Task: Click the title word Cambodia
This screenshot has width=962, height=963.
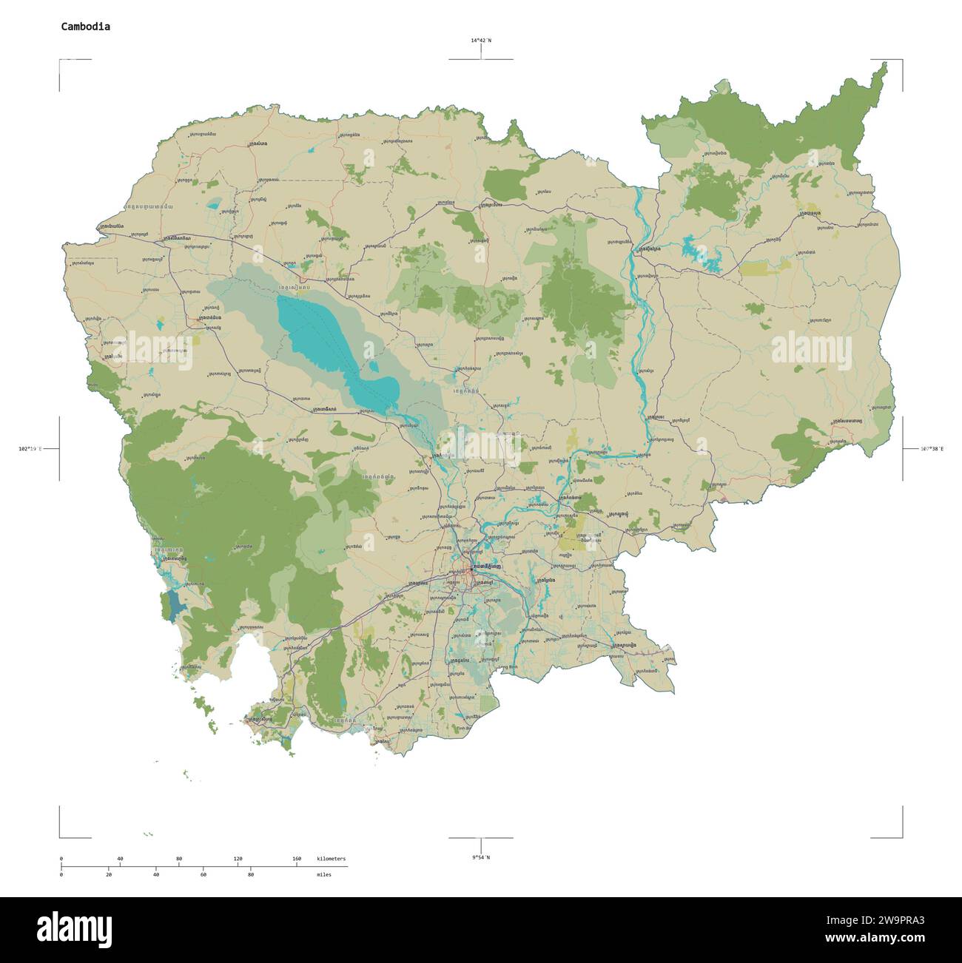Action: point(85,26)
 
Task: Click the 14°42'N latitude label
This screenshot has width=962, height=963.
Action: point(481,41)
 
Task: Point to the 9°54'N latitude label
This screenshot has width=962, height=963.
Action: point(481,857)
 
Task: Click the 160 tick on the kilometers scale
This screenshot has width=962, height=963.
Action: point(297,859)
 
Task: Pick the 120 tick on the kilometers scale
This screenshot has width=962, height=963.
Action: point(238,859)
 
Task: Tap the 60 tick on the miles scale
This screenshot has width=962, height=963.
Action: point(203,874)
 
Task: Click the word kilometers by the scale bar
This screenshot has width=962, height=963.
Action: point(331,859)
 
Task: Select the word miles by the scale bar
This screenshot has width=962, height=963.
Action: point(324,874)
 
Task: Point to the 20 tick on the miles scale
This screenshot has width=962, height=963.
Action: point(109,874)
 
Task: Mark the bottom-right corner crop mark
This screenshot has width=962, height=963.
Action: point(901,837)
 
